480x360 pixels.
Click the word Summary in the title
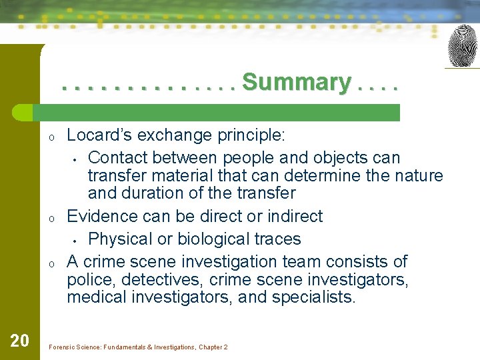296,83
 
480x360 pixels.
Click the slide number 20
19,341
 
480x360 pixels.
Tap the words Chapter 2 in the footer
213,347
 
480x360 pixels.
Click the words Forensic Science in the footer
73,347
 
